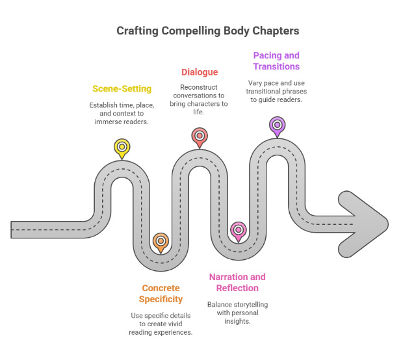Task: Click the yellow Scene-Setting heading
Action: click(122, 88)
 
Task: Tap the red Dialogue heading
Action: click(199, 72)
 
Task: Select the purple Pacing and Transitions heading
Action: click(276, 60)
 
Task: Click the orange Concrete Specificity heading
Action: click(161, 293)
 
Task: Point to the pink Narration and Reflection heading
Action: click(237, 282)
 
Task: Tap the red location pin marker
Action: click(199, 136)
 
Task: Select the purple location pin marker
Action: click(277, 124)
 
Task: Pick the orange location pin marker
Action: click(160, 242)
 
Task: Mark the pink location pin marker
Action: click(238, 230)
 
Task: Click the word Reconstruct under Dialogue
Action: click(199, 86)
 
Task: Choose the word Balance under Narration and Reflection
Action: click(221, 304)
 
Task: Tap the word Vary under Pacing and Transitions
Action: click(255, 83)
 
